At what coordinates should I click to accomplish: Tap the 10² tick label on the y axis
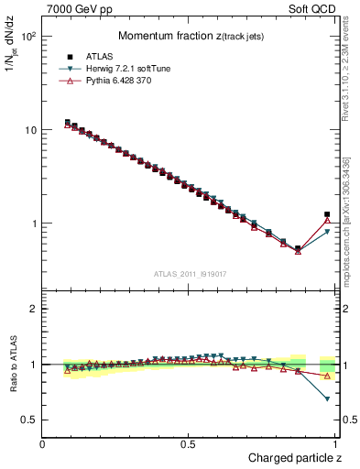27,37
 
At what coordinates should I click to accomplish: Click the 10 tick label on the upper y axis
30,130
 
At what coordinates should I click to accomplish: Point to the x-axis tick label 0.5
188,443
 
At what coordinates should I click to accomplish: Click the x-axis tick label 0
43,443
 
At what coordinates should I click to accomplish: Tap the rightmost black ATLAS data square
327,214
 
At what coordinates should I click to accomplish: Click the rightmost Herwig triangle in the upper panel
327,232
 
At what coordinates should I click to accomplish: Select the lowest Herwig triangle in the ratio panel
327,399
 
